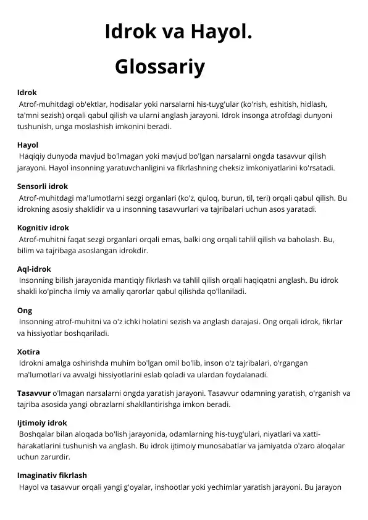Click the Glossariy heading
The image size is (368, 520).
coord(159,67)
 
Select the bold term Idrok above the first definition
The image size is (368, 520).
coord(27,93)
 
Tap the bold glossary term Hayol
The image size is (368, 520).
coord(28,145)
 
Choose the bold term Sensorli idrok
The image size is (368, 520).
coord(43,186)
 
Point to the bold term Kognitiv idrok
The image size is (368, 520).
coord(43,227)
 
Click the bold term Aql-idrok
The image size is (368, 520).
coord(35,269)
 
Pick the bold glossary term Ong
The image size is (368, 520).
coord(25,311)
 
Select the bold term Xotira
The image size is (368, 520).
coord(28,351)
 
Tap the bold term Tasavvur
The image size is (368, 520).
coord(34,393)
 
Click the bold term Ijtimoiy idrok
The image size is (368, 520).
coord(42,422)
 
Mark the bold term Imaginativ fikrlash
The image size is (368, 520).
coord(52,476)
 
